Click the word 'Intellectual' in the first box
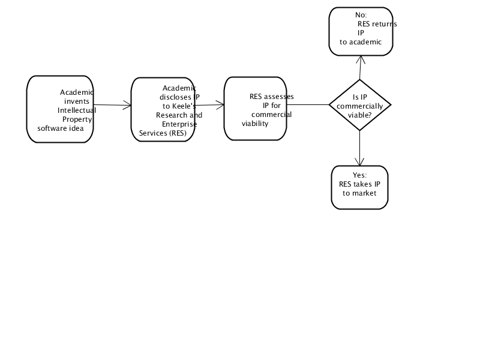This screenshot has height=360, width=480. point(77,110)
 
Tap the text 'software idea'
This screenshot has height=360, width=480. point(61,128)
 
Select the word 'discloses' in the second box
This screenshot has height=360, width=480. point(175,97)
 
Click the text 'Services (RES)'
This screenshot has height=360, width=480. point(163,133)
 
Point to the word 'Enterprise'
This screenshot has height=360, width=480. point(179,124)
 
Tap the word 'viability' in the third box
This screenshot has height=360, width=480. point(255,124)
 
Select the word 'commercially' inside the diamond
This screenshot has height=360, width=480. point(359,106)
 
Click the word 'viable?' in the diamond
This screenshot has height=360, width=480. point(359,115)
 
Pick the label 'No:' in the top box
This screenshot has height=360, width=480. point(361,15)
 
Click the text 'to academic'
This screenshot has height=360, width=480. point(361,42)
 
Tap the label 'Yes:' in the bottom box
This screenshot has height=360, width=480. point(359,175)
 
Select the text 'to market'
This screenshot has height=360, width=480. point(359,193)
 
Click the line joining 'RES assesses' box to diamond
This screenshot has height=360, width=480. point(308,104)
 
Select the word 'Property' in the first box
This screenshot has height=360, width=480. point(77,119)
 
